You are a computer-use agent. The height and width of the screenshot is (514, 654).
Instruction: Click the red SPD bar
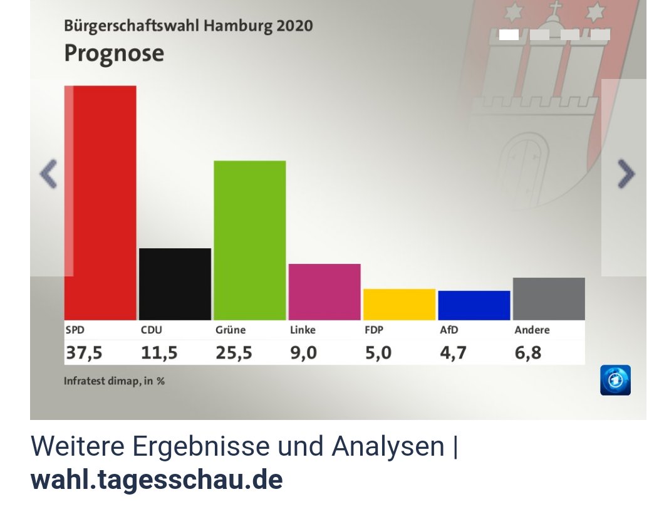coord(100,202)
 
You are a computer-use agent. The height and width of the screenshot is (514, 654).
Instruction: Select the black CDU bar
coord(175,284)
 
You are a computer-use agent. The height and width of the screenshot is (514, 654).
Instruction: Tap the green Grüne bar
coord(249,240)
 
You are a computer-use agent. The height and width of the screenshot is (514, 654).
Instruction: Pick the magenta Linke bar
coord(324,291)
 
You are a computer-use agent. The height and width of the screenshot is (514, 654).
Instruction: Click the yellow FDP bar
coord(399,304)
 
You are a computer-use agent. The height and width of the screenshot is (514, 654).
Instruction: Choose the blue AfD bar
coord(474,305)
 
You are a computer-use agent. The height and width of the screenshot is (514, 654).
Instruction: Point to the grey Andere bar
coord(548,298)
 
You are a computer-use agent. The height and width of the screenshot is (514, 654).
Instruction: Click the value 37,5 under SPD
coord(84,353)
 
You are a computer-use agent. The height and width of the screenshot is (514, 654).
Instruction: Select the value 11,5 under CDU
coord(158,353)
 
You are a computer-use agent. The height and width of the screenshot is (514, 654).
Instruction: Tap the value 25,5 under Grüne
coord(234,353)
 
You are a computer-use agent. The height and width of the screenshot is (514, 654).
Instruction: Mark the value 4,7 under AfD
coord(453,353)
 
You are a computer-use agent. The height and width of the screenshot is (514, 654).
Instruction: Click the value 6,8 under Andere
coord(528,353)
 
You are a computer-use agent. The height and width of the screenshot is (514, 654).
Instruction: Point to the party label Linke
coord(303,330)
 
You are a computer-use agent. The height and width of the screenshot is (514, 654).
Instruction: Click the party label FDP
coord(374,330)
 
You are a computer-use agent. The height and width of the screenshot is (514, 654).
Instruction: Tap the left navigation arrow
coord(48,174)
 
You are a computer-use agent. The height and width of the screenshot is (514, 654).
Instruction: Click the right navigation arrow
coord(626,174)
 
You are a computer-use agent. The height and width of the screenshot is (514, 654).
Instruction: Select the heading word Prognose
coord(114,53)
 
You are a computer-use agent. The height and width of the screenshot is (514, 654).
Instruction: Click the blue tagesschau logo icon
coord(615,380)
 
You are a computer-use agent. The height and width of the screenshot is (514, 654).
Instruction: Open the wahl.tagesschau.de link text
coord(157,480)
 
